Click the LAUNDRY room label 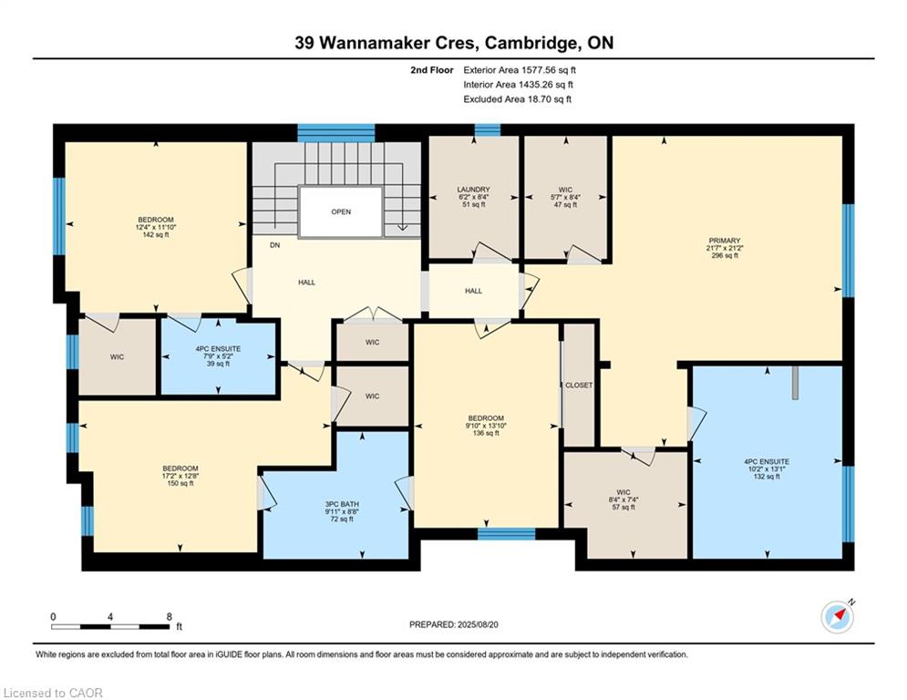pyautogui.click(x=473, y=190)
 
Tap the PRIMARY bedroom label pyautogui.click(x=724, y=241)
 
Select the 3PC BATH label pyautogui.click(x=342, y=504)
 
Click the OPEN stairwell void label pyautogui.click(x=341, y=211)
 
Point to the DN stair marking pyautogui.click(x=274, y=245)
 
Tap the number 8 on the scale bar pyautogui.click(x=169, y=617)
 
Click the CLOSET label pyautogui.click(x=579, y=386)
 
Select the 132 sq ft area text pyautogui.click(x=767, y=477)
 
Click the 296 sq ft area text pyautogui.click(x=724, y=255)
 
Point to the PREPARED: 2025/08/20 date pyautogui.click(x=454, y=624)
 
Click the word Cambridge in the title pyautogui.click(x=531, y=43)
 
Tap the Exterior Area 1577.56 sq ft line pyautogui.click(x=520, y=70)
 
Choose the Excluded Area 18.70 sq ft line pyautogui.click(x=517, y=99)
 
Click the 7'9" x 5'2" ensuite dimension pyautogui.click(x=218, y=356)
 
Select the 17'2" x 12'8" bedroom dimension pyautogui.click(x=180, y=476)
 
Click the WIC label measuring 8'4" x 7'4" pyautogui.click(x=623, y=493)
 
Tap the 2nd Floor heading pyautogui.click(x=431, y=70)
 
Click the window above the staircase pyautogui.click(x=336, y=132)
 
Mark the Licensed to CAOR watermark pyautogui.click(x=53, y=693)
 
